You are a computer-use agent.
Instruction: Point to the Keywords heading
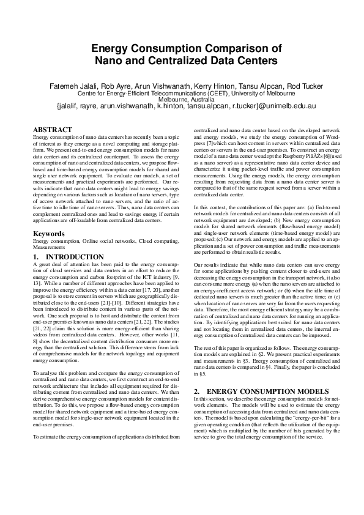(x=49, y=234)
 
